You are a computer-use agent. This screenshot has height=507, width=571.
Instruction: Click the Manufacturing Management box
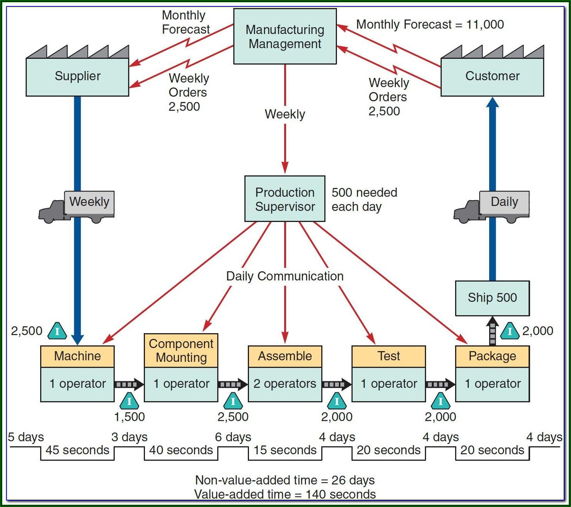(x=285, y=36)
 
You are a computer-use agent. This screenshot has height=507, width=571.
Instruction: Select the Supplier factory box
(x=77, y=76)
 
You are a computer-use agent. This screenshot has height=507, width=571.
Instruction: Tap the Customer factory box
(x=492, y=76)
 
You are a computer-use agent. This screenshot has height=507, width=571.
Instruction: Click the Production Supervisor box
(x=285, y=199)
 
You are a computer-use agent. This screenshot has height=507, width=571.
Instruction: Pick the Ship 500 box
(x=492, y=298)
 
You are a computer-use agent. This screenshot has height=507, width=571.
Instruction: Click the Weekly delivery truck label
(x=89, y=202)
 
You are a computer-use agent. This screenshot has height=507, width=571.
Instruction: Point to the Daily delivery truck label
(x=504, y=202)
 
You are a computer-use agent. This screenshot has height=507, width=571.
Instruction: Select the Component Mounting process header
(x=181, y=350)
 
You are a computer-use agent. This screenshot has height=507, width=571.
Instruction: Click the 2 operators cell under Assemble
(x=285, y=384)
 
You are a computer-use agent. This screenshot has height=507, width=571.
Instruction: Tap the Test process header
(x=389, y=356)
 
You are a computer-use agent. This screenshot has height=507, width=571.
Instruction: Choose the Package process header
(x=492, y=356)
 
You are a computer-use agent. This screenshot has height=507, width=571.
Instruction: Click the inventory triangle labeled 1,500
(x=129, y=401)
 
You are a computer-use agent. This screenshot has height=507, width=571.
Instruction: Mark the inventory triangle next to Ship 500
(x=510, y=331)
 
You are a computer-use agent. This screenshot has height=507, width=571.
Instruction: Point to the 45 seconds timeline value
(x=77, y=450)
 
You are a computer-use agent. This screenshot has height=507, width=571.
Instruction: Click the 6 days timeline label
(x=233, y=437)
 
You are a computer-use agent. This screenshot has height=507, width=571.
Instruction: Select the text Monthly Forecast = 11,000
(x=430, y=24)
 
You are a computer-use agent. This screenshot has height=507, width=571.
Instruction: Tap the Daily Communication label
(x=285, y=276)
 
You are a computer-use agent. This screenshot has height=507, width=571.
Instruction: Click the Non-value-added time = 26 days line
(x=285, y=480)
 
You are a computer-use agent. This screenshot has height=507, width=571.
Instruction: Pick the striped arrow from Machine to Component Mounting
(x=129, y=384)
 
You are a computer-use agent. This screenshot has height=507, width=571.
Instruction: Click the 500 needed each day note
(x=364, y=199)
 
